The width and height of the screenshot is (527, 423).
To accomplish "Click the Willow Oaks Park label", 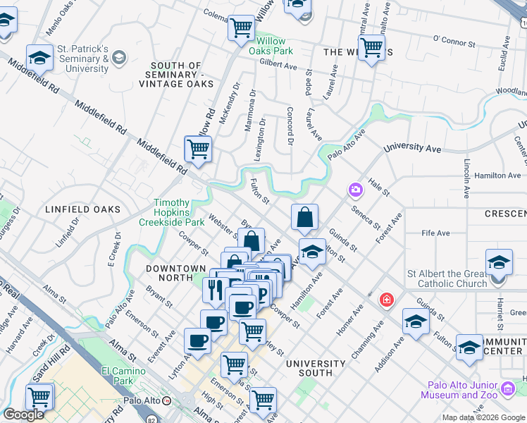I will coord(270,46).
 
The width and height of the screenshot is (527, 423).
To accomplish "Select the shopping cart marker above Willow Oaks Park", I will coord(242,28).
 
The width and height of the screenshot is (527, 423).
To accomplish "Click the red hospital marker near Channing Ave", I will coord(386,300).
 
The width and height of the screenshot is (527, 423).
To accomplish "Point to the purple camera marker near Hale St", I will coord(354,190).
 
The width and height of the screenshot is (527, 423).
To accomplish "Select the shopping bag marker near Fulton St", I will coord(304,218).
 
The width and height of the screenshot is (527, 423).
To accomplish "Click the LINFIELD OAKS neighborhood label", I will coord(82,209).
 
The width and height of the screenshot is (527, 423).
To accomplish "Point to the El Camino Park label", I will coord(117,376).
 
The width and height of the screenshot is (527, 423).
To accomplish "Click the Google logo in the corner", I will coord(23,415).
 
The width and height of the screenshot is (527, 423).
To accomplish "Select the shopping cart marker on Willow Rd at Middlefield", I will coord(198,149).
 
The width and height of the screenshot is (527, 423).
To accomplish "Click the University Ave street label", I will coord(412,149).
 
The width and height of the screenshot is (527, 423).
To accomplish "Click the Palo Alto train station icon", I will coord(167,400).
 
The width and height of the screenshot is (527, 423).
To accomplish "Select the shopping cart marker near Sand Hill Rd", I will coord(39,396).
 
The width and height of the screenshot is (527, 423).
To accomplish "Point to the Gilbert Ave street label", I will coord(278,64).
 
